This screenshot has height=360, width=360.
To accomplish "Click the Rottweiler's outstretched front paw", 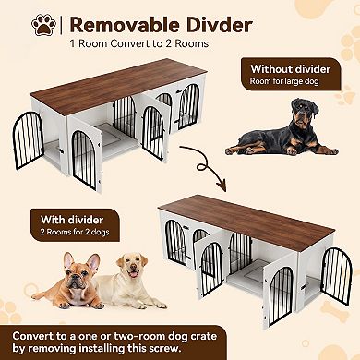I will click(243, 150).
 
